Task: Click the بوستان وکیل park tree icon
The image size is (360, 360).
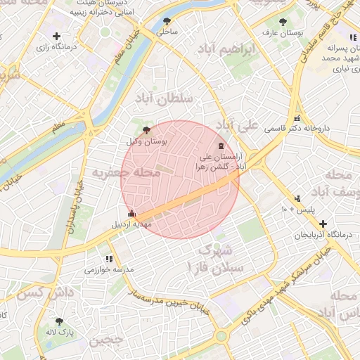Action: (x=146, y=130)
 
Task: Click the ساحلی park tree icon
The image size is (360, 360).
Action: (x=167, y=21)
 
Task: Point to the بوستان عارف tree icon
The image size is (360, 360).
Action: (x=283, y=21)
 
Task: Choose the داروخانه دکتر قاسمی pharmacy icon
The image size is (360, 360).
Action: (x=297, y=118)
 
